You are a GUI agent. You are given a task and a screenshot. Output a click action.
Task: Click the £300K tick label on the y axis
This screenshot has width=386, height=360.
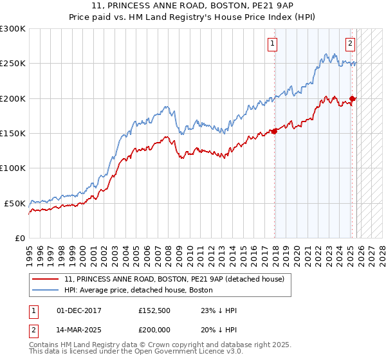tap(13, 29)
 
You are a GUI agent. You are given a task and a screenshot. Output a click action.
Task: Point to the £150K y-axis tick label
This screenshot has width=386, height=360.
tap(13, 134)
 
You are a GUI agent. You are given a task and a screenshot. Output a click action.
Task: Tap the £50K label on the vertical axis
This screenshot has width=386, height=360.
tap(15, 203)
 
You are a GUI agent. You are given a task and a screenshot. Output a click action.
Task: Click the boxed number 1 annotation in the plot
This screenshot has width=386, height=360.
tap(272, 44)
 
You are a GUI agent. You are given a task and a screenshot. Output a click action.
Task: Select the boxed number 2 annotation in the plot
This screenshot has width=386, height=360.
tap(350, 44)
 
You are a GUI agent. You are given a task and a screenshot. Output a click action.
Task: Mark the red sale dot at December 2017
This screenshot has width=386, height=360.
tap(275, 131)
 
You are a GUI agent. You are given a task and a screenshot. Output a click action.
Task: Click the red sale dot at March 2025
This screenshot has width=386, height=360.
tap(353, 98)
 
